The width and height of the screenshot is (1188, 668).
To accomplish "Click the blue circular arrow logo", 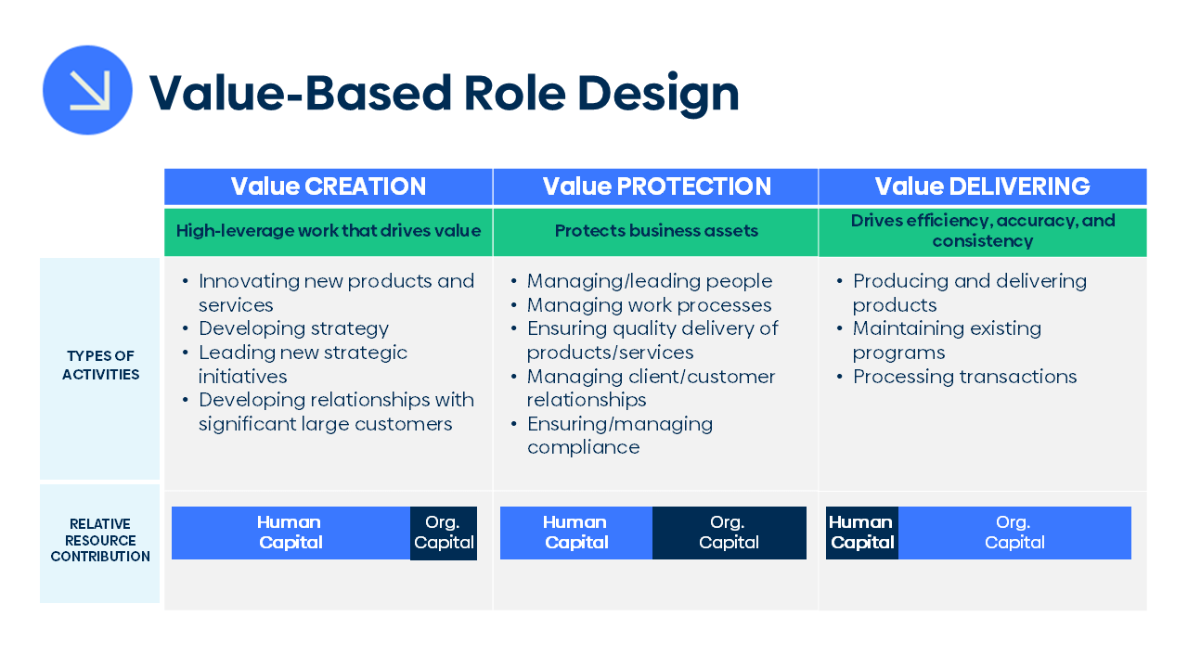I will (87, 90).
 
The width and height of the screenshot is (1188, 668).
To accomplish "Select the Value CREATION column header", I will (328, 186).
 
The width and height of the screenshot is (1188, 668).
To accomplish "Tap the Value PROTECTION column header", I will (656, 186).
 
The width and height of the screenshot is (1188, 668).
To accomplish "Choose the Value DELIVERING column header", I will (982, 186).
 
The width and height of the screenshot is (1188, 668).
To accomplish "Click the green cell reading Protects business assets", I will (656, 231).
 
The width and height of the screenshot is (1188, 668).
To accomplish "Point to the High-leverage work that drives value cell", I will (328, 231).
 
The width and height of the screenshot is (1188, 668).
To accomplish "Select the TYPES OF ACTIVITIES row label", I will (100, 366).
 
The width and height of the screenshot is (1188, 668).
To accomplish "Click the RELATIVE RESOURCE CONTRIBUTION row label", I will (100, 540).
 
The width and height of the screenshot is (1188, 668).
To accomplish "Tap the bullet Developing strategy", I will (293, 328).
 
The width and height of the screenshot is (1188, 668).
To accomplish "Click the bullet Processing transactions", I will (964, 377).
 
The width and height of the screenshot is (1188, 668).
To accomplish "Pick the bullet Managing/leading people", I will (649, 281).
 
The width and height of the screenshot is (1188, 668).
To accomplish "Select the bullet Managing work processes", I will (649, 305).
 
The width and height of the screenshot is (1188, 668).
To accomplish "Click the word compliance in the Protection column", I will (583, 447).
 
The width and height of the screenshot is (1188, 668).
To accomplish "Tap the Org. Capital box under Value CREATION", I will (444, 533).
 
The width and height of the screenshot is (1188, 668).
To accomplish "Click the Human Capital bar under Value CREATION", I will (290, 533).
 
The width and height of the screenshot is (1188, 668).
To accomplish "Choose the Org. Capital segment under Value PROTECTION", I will (729, 533).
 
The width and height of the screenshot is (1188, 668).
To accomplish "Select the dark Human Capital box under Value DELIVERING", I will (861, 533).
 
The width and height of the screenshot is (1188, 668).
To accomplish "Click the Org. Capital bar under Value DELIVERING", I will (1014, 533).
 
